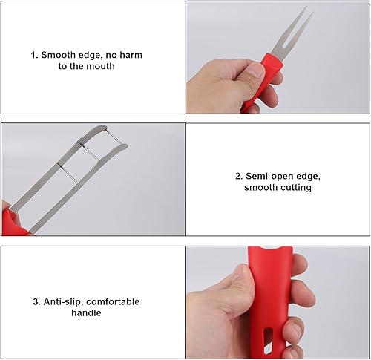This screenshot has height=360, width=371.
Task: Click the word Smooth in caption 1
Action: click(59, 55)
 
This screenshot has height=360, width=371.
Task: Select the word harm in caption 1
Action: click(131, 55)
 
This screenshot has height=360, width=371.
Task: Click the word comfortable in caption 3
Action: click(113, 302)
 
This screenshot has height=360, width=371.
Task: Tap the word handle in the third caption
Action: click(86, 312)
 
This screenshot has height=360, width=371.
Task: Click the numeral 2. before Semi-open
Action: click(239, 177)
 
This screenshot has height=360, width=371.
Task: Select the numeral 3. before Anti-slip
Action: click(37, 302)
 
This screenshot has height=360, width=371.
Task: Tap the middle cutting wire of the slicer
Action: click(91, 152)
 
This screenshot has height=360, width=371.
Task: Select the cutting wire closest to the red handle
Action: click(68, 173)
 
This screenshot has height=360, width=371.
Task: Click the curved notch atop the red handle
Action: click(270, 249)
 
